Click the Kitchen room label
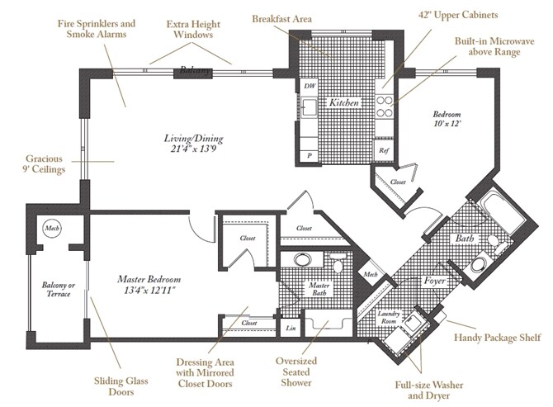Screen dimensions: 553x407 344,102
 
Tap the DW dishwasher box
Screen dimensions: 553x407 309,86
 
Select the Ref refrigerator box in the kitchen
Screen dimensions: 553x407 384,150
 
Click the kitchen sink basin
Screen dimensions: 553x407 310,106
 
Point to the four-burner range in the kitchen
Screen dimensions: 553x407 384,106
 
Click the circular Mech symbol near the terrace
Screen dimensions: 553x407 52,228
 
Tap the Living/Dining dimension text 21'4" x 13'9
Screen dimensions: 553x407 193,149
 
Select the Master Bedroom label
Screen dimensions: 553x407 149,279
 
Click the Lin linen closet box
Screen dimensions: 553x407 291,328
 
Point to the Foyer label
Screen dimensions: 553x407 434,281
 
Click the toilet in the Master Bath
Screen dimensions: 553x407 337,263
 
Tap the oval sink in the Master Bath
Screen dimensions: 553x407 303,260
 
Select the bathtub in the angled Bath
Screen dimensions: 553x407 503,211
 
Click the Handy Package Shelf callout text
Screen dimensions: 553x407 497,338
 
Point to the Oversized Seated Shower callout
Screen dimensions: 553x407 296,372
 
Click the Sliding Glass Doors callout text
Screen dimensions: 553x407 121,386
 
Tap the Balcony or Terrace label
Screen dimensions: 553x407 59,289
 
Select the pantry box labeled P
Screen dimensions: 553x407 310,155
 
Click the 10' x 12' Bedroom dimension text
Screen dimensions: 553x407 447,124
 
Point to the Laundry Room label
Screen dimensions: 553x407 389,317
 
